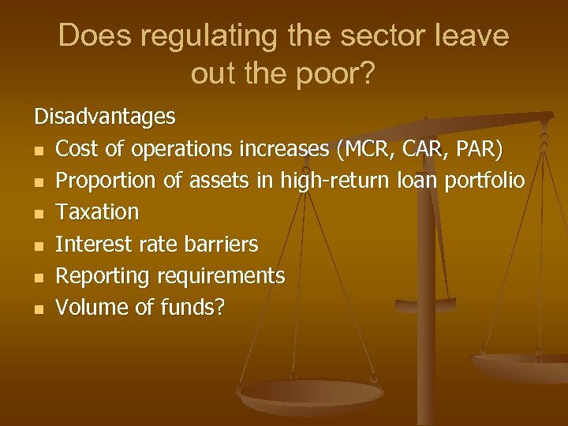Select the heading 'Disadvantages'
105,118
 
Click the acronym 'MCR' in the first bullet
364,149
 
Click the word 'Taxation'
98,212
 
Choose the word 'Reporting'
103,275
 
